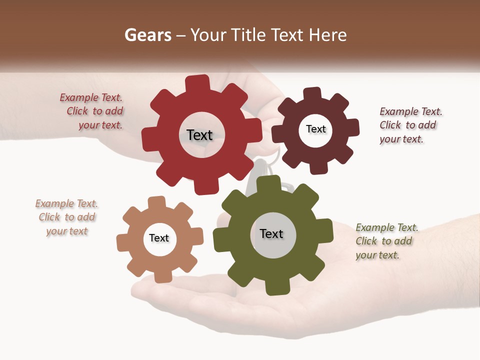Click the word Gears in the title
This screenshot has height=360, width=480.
point(148,35)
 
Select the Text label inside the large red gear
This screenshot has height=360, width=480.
point(199,135)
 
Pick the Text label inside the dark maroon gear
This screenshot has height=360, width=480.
point(316,129)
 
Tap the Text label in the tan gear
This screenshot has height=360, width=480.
point(159,238)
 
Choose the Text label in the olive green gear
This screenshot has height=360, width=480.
point(271,234)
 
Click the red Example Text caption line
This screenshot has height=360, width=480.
point(91,97)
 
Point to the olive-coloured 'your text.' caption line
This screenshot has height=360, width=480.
point(377,255)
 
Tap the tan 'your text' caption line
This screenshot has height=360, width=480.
point(67,231)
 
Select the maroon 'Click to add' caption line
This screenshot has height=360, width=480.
point(407,125)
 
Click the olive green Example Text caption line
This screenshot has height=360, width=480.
point(387,227)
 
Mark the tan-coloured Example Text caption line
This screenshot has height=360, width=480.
point(66,203)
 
